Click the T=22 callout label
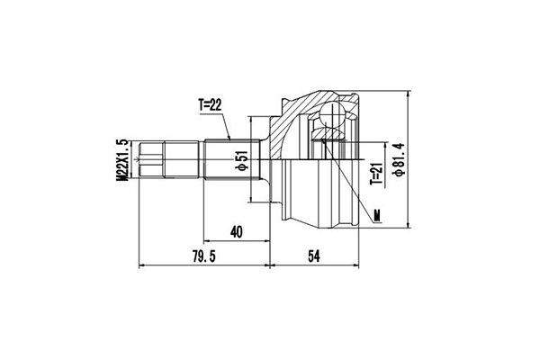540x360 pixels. pyautogui.click(x=210, y=105)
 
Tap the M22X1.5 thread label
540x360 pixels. pyautogui.click(x=122, y=159)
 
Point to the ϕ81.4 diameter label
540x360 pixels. pyautogui.click(x=400, y=159)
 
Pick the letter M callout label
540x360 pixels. pyautogui.click(x=377, y=216)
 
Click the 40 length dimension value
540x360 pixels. pyautogui.click(x=236, y=232)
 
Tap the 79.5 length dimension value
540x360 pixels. pyautogui.click(x=204, y=256)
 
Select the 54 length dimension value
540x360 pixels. pyautogui.click(x=314, y=256)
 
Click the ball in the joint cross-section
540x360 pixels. pyautogui.click(x=332, y=113)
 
